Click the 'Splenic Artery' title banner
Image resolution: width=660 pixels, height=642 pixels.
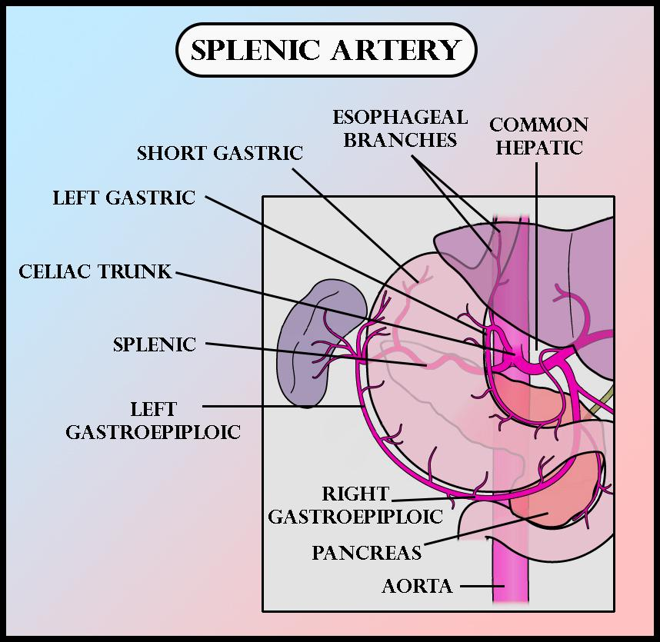(x=326, y=51)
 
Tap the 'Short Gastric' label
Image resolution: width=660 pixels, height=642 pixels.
(x=220, y=153)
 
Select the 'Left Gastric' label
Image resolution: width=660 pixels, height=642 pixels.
(x=124, y=198)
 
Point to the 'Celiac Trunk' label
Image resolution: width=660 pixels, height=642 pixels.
(x=95, y=271)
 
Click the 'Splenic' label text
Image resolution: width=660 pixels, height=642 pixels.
(x=155, y=344)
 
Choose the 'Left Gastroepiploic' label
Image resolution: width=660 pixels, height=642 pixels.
(x=153, y=421)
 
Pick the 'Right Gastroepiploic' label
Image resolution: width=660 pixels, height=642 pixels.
(x=355, y=504)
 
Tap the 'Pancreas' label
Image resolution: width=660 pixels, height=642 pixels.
(x=367, y=552)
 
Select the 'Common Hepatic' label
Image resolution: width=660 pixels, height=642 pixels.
(x=538, y=136)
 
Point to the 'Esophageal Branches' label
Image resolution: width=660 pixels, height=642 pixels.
(x=400, y=128)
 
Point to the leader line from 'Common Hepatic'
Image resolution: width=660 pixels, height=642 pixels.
(x=536, y=246)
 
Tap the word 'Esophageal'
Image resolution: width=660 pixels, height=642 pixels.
(x=400, y=118)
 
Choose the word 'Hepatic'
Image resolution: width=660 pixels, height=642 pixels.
(x=538, y=148)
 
